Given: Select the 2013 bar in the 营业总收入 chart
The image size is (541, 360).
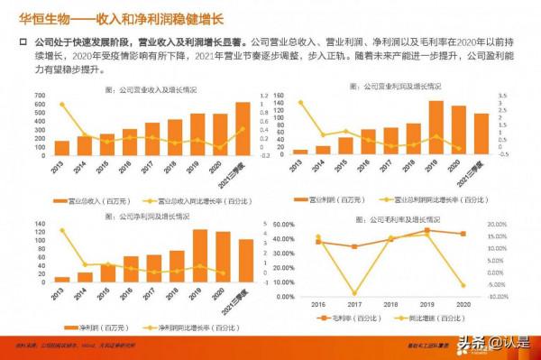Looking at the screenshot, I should [x=61, y=148].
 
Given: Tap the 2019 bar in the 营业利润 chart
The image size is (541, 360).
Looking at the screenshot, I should [x=436, y=127].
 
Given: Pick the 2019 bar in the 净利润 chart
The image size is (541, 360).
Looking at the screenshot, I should [x=200, y=255].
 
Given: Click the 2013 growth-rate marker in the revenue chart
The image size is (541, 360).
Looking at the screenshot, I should [x=61, y=105].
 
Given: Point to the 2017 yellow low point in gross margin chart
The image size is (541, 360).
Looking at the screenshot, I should [x=353, y=293].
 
